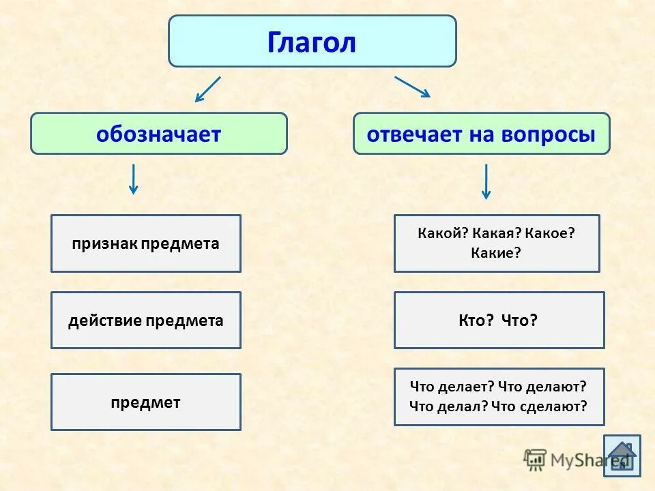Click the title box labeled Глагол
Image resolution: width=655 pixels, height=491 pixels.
(x=312, y=42)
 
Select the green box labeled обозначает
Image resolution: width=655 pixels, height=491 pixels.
(x=159, y=134)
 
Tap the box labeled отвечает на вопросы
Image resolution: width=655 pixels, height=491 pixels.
(x=481, y=134)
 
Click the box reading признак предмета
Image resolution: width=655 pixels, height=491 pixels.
(x=146, y=243)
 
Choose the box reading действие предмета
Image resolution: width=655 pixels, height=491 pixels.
(x=146, y=321)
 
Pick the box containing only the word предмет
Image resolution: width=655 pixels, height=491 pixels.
(x=146, y=402)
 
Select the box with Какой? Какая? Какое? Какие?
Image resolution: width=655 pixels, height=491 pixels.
(x=497, y=243)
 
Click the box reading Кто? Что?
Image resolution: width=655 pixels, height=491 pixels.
(x=499, y=321)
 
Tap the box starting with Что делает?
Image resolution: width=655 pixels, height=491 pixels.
(x=499, y=396)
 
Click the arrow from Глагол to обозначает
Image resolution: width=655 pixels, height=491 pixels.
(x=207, y=89)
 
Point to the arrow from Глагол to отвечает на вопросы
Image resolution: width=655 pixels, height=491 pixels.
(x=412, y=87)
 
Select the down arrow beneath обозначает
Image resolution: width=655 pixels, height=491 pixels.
(x=134, y=179)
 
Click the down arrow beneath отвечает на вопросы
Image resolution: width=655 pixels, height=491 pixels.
(x=486, y=181)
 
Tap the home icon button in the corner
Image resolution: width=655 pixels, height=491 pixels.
(x=622, y=455)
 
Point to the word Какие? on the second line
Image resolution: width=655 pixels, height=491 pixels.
(x=496, y=253)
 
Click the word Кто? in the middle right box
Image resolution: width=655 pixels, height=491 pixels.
(x=476, y=321)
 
